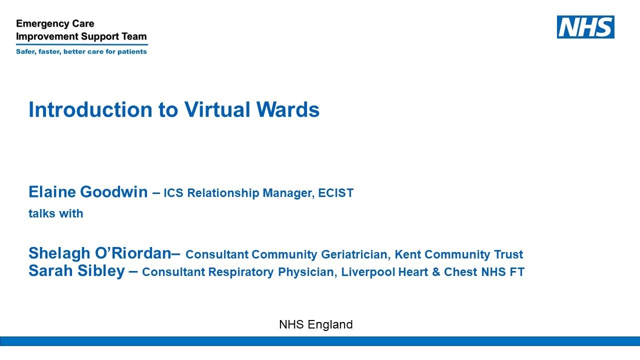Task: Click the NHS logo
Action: point(585,27)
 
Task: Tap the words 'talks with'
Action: point(55,213)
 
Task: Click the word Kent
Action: point(406,254)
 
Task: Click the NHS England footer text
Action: point(316,324)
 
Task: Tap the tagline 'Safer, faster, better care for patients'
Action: point(81,51)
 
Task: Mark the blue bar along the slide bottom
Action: point(320,341)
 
